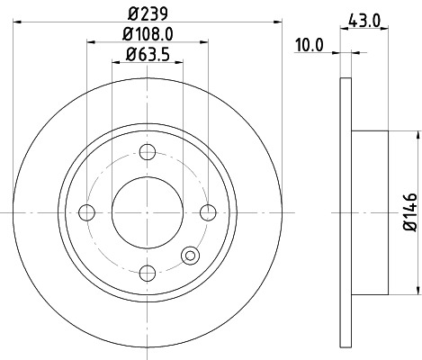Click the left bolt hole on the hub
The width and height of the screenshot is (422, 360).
(x=87, y=212)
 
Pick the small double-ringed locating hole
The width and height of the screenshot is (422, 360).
(x=191, y=256)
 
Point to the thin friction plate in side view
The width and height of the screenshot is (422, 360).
(x=346, y=212)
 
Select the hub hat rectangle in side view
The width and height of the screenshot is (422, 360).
(x=369, y=212)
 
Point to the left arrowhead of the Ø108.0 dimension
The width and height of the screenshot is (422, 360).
(x=91, y=40)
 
